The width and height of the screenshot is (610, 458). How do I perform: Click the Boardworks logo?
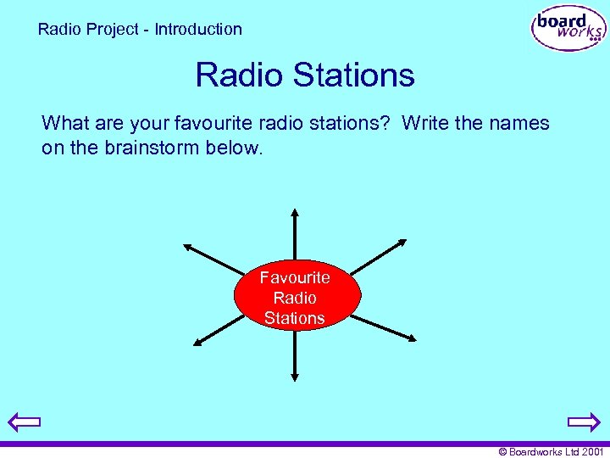568,29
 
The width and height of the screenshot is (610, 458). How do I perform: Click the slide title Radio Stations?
305,75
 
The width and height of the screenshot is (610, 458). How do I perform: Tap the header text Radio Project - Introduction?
140,29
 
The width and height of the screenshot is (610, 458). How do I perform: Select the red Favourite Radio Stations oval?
297,296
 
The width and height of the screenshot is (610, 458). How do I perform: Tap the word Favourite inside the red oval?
295,277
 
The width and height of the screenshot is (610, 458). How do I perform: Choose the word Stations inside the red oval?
294,318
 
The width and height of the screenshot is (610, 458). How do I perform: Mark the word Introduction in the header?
198,29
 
